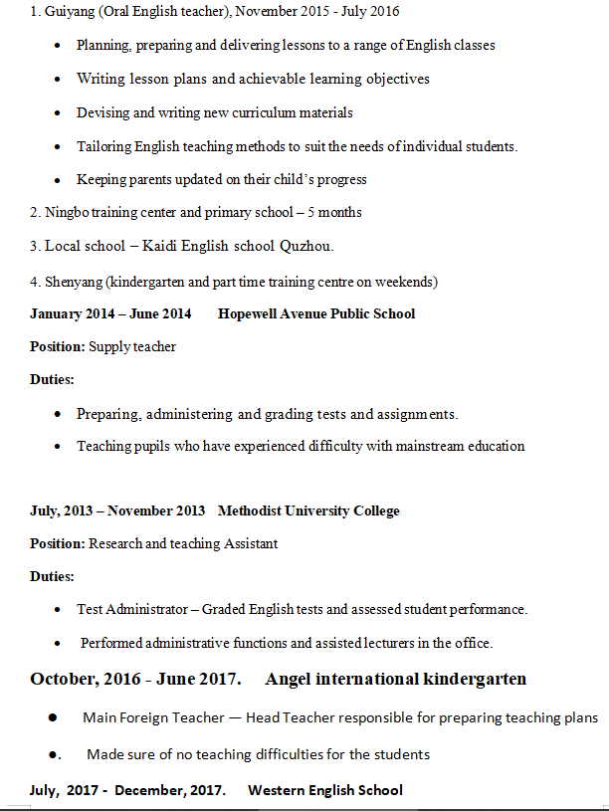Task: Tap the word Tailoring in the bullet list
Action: (104, 146)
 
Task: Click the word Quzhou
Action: (307, 246)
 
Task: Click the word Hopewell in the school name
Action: (249, 313)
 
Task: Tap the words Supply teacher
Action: (132, 346)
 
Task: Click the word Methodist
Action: (250, 510)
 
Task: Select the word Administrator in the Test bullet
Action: (146, 609)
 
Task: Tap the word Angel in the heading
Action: (289, 680)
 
